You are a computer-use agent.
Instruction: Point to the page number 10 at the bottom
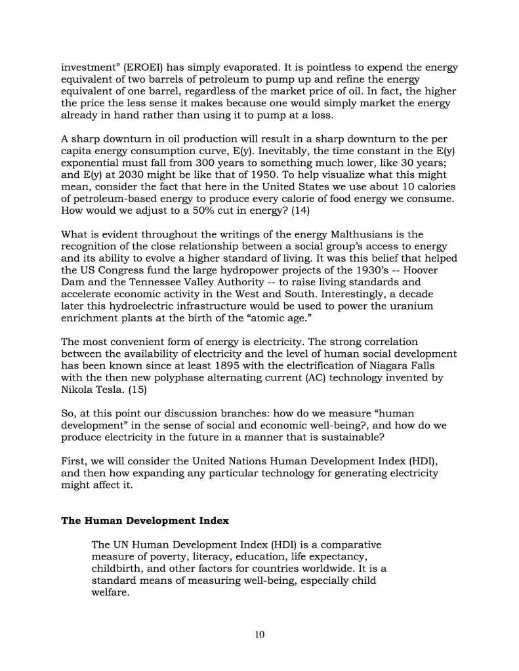[x=259, y=634]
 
